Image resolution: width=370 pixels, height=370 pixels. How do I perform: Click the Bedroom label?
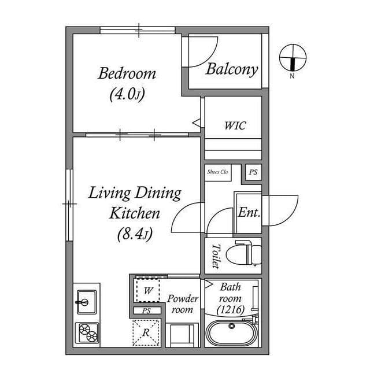127,73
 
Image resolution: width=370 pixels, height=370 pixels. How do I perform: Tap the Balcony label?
231,69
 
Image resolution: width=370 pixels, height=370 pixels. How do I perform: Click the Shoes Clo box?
217,172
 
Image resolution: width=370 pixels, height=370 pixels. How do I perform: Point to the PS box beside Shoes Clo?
253,172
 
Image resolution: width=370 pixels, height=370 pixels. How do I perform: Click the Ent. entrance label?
249,212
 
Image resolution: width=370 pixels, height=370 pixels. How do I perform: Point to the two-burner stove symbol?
86,332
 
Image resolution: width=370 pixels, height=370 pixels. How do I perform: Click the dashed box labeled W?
147,290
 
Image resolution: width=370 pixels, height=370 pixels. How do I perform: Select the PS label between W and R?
147,311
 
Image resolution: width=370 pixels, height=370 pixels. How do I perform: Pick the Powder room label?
183,304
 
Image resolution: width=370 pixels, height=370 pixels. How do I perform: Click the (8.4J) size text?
134,234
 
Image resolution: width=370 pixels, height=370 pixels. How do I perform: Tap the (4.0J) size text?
127,94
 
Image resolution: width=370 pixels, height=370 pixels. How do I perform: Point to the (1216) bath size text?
230,310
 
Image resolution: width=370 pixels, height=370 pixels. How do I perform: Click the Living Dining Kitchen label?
134,202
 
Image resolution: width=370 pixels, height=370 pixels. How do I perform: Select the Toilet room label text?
216,256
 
